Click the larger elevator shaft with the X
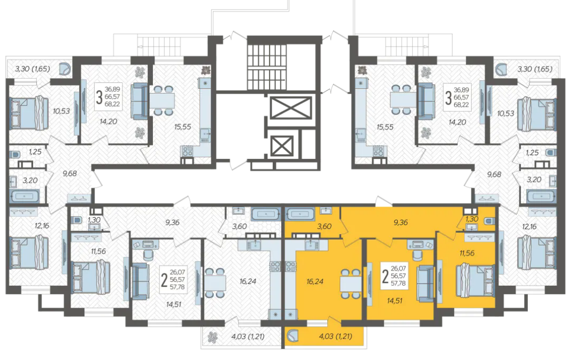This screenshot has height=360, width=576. [290, 108]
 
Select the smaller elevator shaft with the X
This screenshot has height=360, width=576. [282, 146]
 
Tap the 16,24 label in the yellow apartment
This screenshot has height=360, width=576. [315, 281]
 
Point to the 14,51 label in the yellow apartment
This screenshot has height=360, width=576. [395, 301]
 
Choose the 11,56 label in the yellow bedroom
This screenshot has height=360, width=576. [466, 252]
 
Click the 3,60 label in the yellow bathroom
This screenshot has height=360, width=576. [324, 226]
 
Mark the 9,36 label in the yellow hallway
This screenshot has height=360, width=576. [401, 222]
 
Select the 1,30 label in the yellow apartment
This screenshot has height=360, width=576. [472, 219]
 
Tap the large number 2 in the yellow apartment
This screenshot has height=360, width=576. [385, 277]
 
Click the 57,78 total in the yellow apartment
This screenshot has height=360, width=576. [398, 283]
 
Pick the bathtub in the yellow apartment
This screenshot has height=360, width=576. [300, 214]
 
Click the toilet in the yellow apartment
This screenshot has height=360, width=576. [489, 221]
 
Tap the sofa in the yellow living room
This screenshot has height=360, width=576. [426, 283]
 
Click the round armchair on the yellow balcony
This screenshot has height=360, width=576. [293, 335]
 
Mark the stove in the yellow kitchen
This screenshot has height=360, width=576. [291, 266]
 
